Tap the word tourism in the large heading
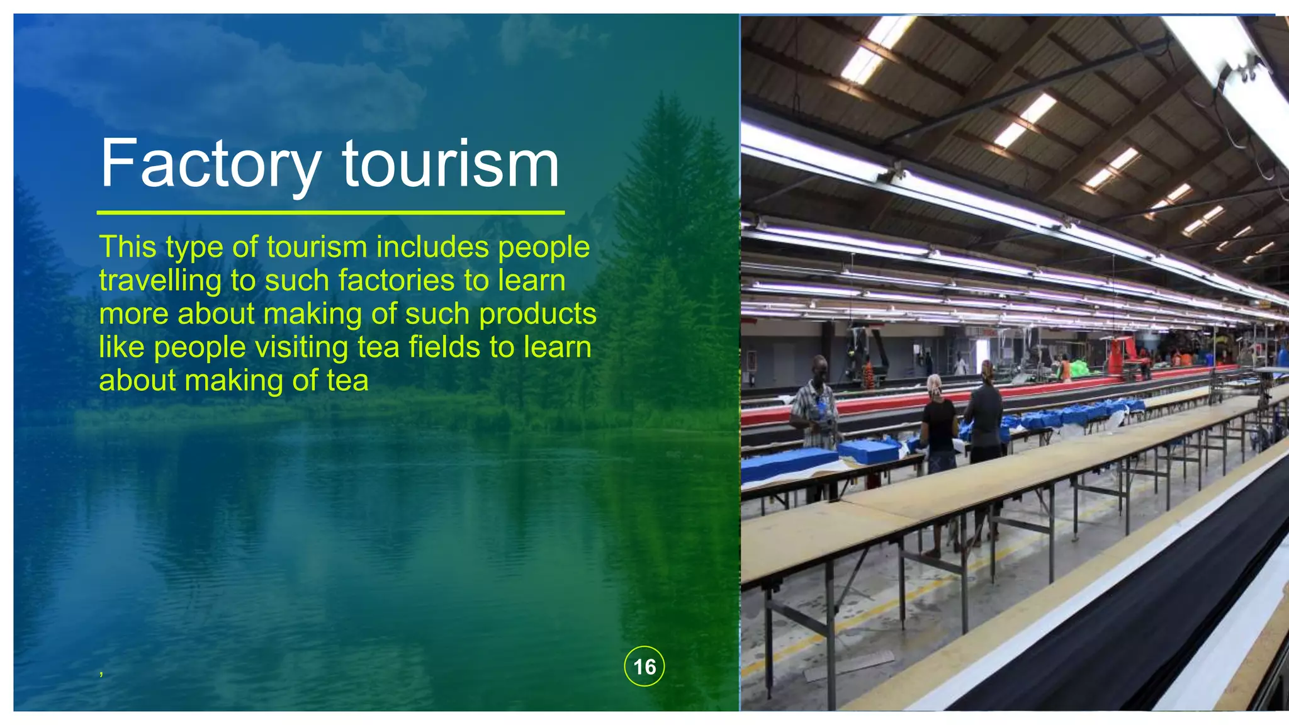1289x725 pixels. tap(451, 164)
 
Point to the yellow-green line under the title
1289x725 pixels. tap(330, 213)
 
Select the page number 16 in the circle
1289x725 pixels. tap(644, 666)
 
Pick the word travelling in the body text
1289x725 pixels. tap(160, 281)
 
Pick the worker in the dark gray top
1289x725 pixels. tap(985, 419)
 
